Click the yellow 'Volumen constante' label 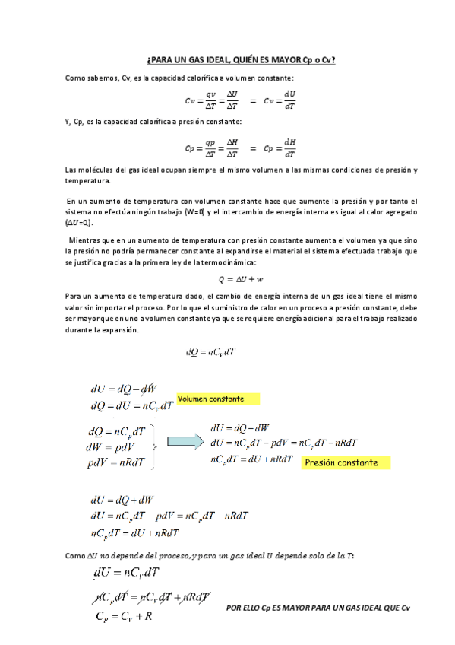(x=218, y=399)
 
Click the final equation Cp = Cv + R (x=122, y=615)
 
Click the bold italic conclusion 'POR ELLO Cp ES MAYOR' (x=318, y=608)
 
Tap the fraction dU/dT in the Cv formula (x=289, y=100)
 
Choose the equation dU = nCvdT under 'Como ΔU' (x=126, y=572)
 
